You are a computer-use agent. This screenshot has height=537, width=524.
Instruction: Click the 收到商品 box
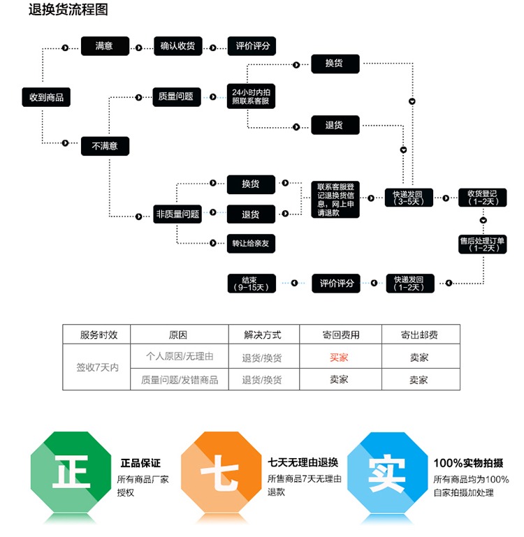click(46, 97)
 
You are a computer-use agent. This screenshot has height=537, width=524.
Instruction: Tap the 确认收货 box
click(177, 46)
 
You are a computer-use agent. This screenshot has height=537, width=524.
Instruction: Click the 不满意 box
click(105, 146)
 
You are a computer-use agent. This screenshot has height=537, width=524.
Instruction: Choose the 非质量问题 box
click(177, 214)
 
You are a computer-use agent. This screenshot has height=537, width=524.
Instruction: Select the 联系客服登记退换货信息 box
click(335, 199)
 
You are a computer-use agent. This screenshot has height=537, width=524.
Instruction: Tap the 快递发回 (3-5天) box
click(409, 198)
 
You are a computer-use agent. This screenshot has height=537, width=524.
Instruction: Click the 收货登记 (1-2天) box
click(482, 198)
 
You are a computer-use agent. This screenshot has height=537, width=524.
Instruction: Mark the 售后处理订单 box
click(482, 244)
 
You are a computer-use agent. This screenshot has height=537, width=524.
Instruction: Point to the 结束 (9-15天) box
click(252, 283)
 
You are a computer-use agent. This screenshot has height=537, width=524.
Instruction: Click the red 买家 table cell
click(339, 357)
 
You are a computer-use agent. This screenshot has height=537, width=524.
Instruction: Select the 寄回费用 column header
click(340, 334)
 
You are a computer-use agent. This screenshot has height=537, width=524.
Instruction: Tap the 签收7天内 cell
click(97, 368)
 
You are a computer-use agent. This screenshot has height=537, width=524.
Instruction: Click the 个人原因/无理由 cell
click(180, 357)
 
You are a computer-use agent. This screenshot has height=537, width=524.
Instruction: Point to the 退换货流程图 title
click(68, 10)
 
